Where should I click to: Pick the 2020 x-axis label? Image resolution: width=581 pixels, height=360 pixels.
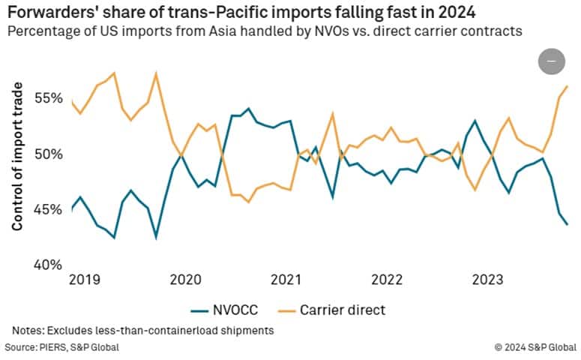184,280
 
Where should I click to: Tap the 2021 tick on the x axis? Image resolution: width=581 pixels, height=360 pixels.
286,280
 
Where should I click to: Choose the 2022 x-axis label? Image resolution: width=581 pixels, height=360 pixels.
387,280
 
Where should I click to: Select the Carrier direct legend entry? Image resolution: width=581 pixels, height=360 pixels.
342,309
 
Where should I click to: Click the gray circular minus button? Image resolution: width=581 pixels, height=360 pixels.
552,61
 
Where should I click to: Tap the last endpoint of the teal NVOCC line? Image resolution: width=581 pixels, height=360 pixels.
567,224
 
